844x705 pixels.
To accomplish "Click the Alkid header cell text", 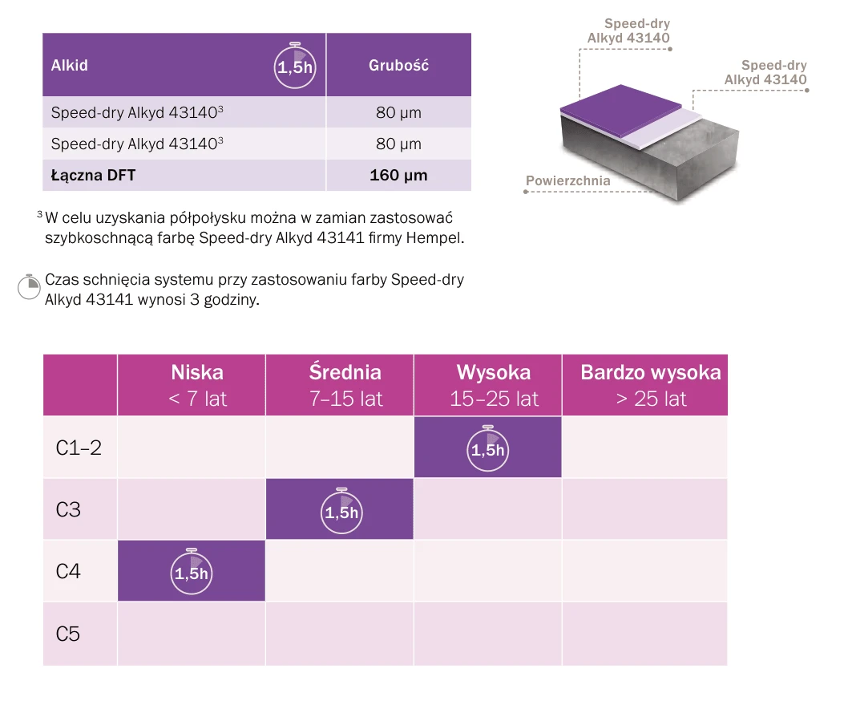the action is [69, 65].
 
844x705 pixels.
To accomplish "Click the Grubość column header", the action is [398, 65].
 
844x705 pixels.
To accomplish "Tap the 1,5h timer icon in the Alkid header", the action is [295, 65].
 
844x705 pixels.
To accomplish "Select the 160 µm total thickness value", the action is [398, 175].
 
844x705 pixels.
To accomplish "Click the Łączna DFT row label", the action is [93, 175].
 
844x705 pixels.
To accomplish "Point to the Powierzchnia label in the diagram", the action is [567, 180].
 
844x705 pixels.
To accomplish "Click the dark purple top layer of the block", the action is [620, 109].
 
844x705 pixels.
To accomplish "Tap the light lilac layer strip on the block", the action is [663, 130].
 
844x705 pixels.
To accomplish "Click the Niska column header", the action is [197, 385].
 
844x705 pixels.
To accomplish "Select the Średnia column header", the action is [345, 385].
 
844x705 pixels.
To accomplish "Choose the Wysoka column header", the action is [494, 385].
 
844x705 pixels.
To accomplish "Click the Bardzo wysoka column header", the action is [651, 385].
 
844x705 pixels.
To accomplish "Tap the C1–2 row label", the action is [79, 448].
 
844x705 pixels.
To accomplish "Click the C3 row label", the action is [68, 509].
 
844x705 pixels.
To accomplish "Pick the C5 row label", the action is [68, 634].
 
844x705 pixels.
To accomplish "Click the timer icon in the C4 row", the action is [192, 571].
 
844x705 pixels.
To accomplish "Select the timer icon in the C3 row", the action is [341, 511].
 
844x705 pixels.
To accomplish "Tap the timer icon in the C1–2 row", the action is [487, 448].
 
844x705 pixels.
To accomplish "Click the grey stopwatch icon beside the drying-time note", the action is [29, 286].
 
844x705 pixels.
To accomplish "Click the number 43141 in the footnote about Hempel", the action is [341, 237].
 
